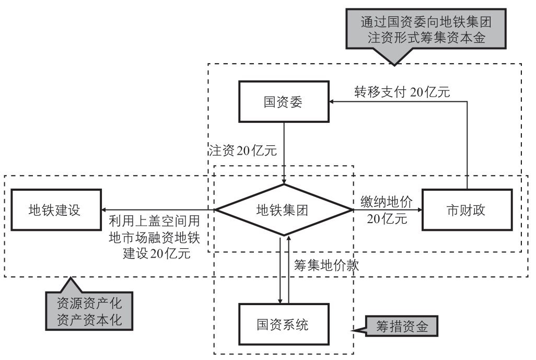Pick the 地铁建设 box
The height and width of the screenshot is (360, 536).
click(x=55, y=210)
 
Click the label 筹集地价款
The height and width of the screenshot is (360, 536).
click(x=327, y=265)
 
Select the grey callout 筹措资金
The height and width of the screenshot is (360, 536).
click(x=402, y=328)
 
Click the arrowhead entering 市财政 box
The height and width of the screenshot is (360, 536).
click(x=418, y=210)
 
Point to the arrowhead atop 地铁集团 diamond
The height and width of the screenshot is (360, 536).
click(x=284, y=181)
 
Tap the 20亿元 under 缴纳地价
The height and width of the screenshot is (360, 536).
click(x=387, y=219)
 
